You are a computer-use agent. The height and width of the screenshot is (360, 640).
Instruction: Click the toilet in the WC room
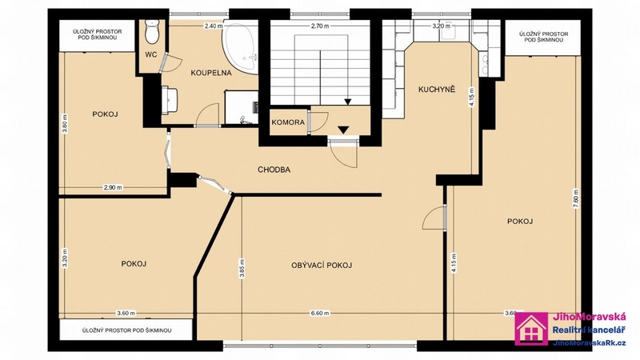[154, 31]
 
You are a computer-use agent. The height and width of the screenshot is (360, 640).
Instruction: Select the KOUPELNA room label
[211, 74]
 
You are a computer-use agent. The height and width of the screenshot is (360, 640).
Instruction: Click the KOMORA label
[287, 122]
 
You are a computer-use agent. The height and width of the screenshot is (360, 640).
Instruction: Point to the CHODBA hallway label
[274, 170]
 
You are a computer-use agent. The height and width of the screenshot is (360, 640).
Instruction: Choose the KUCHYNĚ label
[436, 90]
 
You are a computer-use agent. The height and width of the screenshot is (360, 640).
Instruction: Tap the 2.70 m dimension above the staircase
[320, 26]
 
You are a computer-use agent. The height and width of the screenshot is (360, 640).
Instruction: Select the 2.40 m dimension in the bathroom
[213, 26]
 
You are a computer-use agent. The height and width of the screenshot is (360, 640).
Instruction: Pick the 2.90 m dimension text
[113, 187]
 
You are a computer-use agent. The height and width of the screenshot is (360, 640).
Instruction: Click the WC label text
[150, 55]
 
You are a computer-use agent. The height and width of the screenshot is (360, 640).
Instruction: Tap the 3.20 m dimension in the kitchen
[441, 26]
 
